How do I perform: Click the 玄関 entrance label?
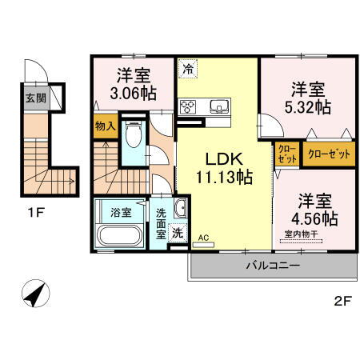tap(34, 99)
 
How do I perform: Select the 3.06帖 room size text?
tap(129, 93)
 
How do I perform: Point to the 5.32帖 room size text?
tap(307, 106)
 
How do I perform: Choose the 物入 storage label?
tap(106, 126)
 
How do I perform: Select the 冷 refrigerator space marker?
tap(187, 70)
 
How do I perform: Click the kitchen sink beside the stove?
tap(218, 106)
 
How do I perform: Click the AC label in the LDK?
tap(202, 238)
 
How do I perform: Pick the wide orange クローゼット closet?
tap(329, 154)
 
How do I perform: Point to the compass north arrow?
tap(34, 294)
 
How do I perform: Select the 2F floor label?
tap(342, 302)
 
